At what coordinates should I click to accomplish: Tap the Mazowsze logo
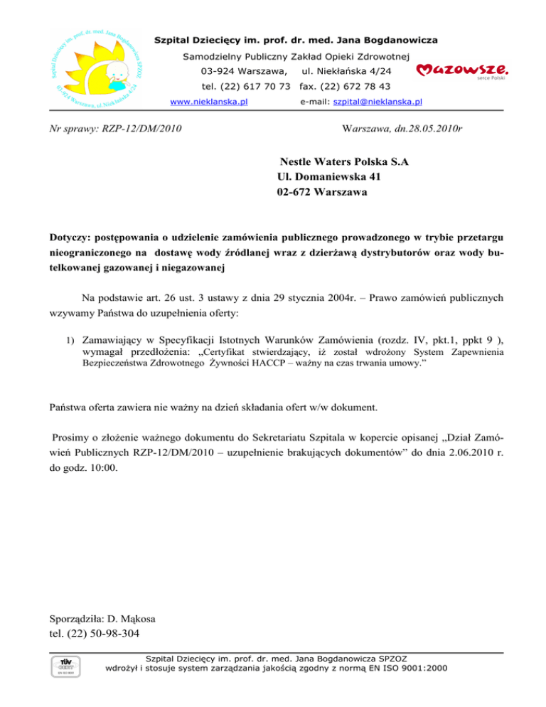click(461, 70)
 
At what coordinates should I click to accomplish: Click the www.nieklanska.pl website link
click(209, 102)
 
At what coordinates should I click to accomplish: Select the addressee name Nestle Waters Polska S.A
click(344, 162)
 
